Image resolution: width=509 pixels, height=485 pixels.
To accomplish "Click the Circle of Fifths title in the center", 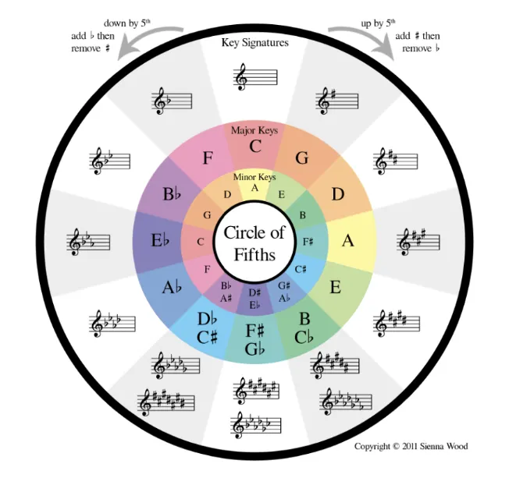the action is pyautogui.click(x=255, y=242).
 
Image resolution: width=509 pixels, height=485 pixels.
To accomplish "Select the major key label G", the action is pyautogui.click(x=301, y=158).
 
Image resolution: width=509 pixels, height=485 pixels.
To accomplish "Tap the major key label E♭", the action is pyautogui.click(x=161, y=242).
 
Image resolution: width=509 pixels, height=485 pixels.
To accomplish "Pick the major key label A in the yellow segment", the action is pyautogui.click(x=348, y=241).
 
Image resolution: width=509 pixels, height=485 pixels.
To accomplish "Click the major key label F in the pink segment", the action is pyautogui.click(x=208, y=158).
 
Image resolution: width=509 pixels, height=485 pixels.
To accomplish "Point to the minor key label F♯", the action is pyautogui.click(x=309, y=242).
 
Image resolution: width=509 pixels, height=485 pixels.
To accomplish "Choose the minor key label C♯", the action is pyautogui.click(x=301, y=269).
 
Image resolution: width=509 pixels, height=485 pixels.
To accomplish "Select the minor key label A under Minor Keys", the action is pyautogui.click(x=255, y=187).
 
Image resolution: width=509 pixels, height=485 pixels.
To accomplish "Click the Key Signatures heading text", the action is pyautogui.click(x=255, y=42).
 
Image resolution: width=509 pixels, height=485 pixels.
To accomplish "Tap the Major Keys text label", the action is pyautogui.click(x=255, y=130).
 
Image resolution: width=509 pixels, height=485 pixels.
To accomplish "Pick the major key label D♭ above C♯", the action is pyautogui.click(x=206, y=319).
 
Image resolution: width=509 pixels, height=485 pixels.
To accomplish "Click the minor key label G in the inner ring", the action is pyautogui.click(x=208, y=214).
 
